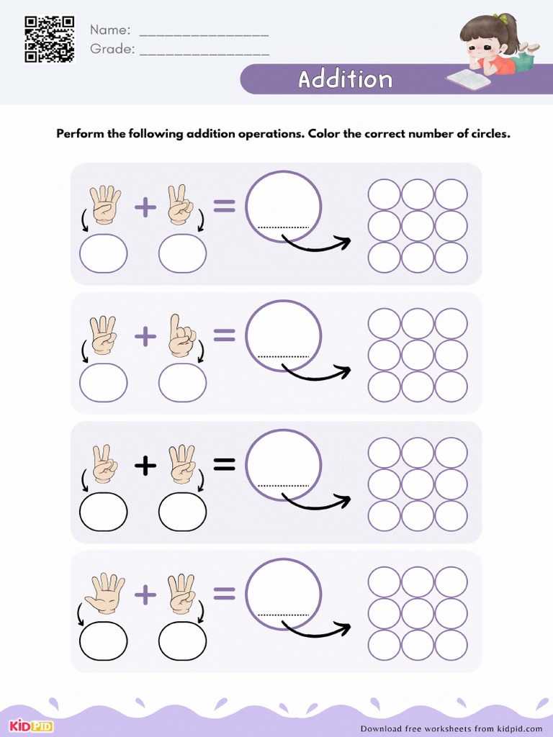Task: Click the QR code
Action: (50, 38)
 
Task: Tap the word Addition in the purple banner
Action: (346, 79)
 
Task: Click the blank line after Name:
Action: (203, 34)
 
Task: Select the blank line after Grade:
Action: (204, 53)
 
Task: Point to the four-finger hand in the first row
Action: (104, 204)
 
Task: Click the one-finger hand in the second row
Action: (181, 335)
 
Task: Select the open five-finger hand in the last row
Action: (104, 593)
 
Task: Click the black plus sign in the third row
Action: (145, 466)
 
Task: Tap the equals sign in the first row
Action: (224, 207)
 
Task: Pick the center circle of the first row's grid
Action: (418, 226)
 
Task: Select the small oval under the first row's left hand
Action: (104, 253)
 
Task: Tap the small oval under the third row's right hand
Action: (182, 512)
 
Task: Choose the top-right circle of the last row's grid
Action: (451, 582)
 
